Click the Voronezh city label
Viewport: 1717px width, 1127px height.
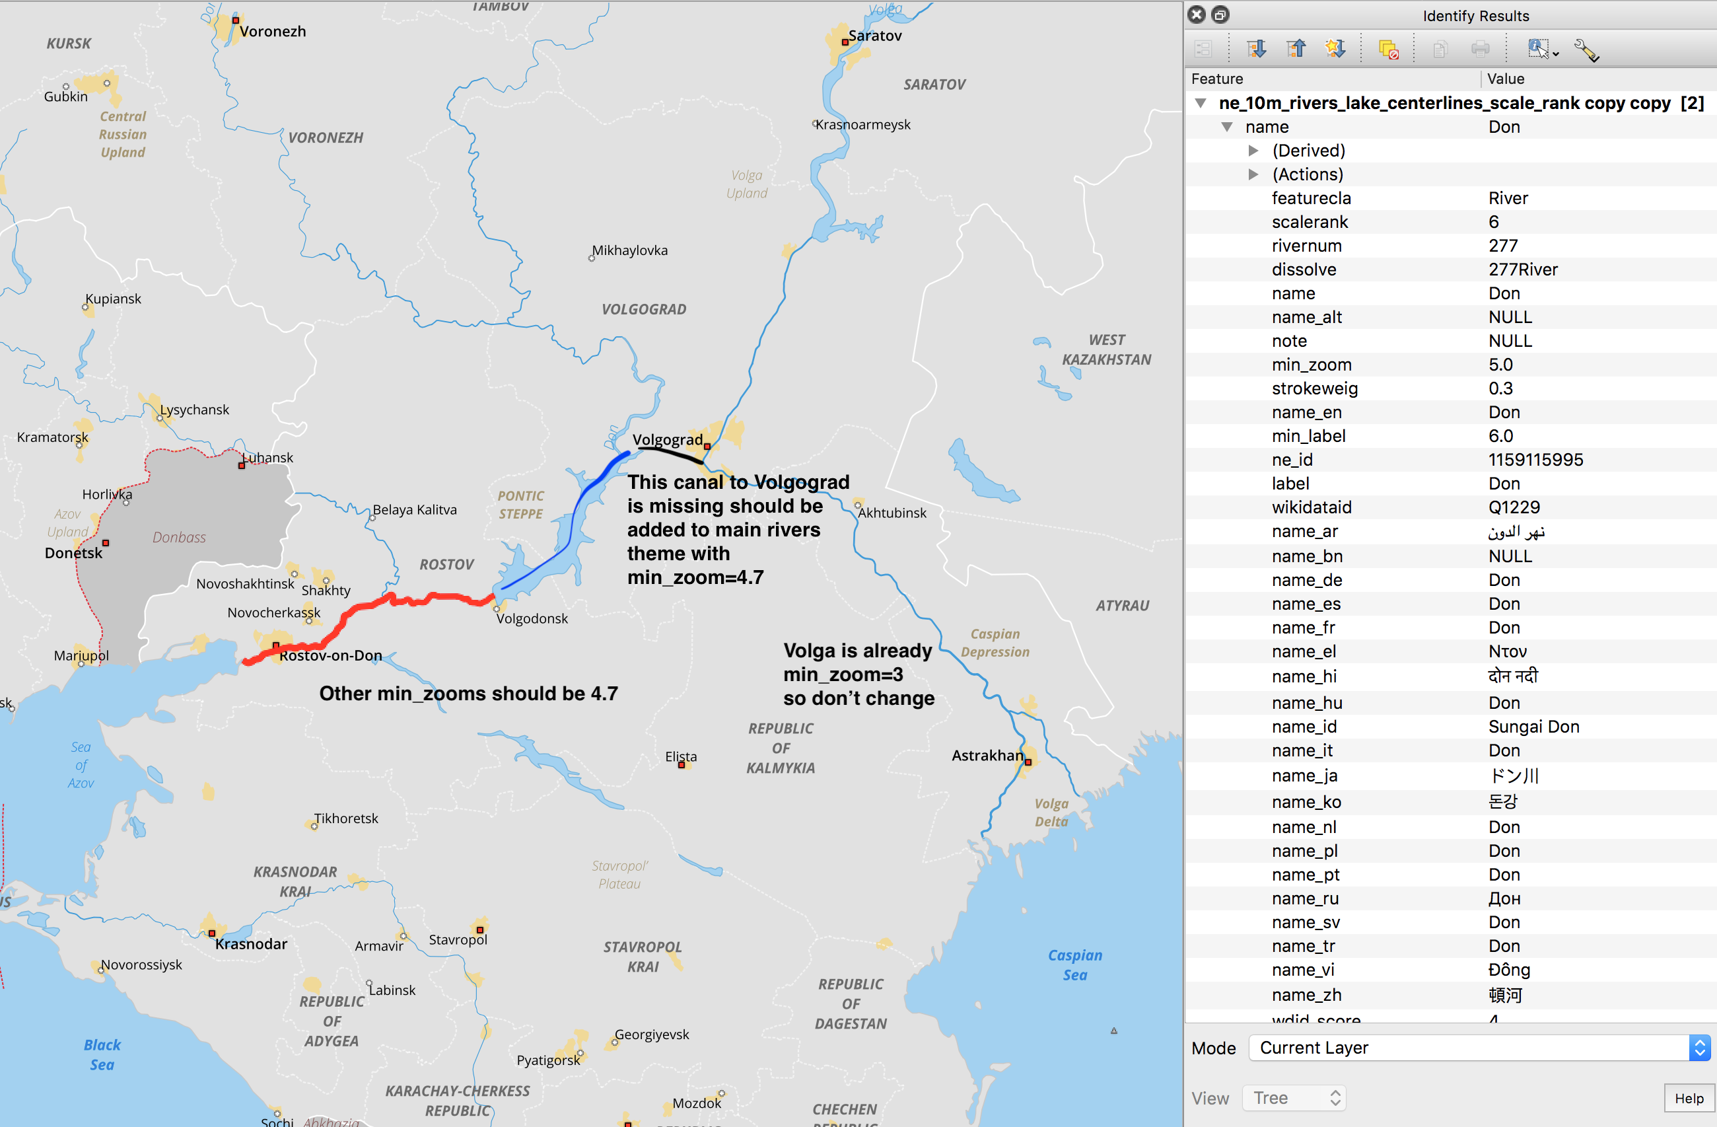[272, 31]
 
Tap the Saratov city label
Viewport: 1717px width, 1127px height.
[874, 36]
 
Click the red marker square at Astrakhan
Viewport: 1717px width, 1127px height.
[1028, 762]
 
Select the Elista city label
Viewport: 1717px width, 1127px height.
[680, 756]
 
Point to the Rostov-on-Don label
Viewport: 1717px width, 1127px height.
[330, 655]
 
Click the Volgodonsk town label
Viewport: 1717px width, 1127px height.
[532, 618]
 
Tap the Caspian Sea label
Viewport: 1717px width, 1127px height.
[1074, 964]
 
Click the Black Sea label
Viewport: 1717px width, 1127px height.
[102, 1054]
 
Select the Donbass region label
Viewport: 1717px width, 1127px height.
[179, 537]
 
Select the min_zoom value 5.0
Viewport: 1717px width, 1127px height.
[1500, 365]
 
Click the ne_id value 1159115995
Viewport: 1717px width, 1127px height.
[1535, 460]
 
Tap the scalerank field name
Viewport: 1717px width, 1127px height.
[1310, 221]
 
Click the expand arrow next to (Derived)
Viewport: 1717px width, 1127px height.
[1253, 150]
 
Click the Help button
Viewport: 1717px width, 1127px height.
[1688, 1098]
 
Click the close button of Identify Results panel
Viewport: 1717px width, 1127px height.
[1196, 15]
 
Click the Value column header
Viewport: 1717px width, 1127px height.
[1505, 79]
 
